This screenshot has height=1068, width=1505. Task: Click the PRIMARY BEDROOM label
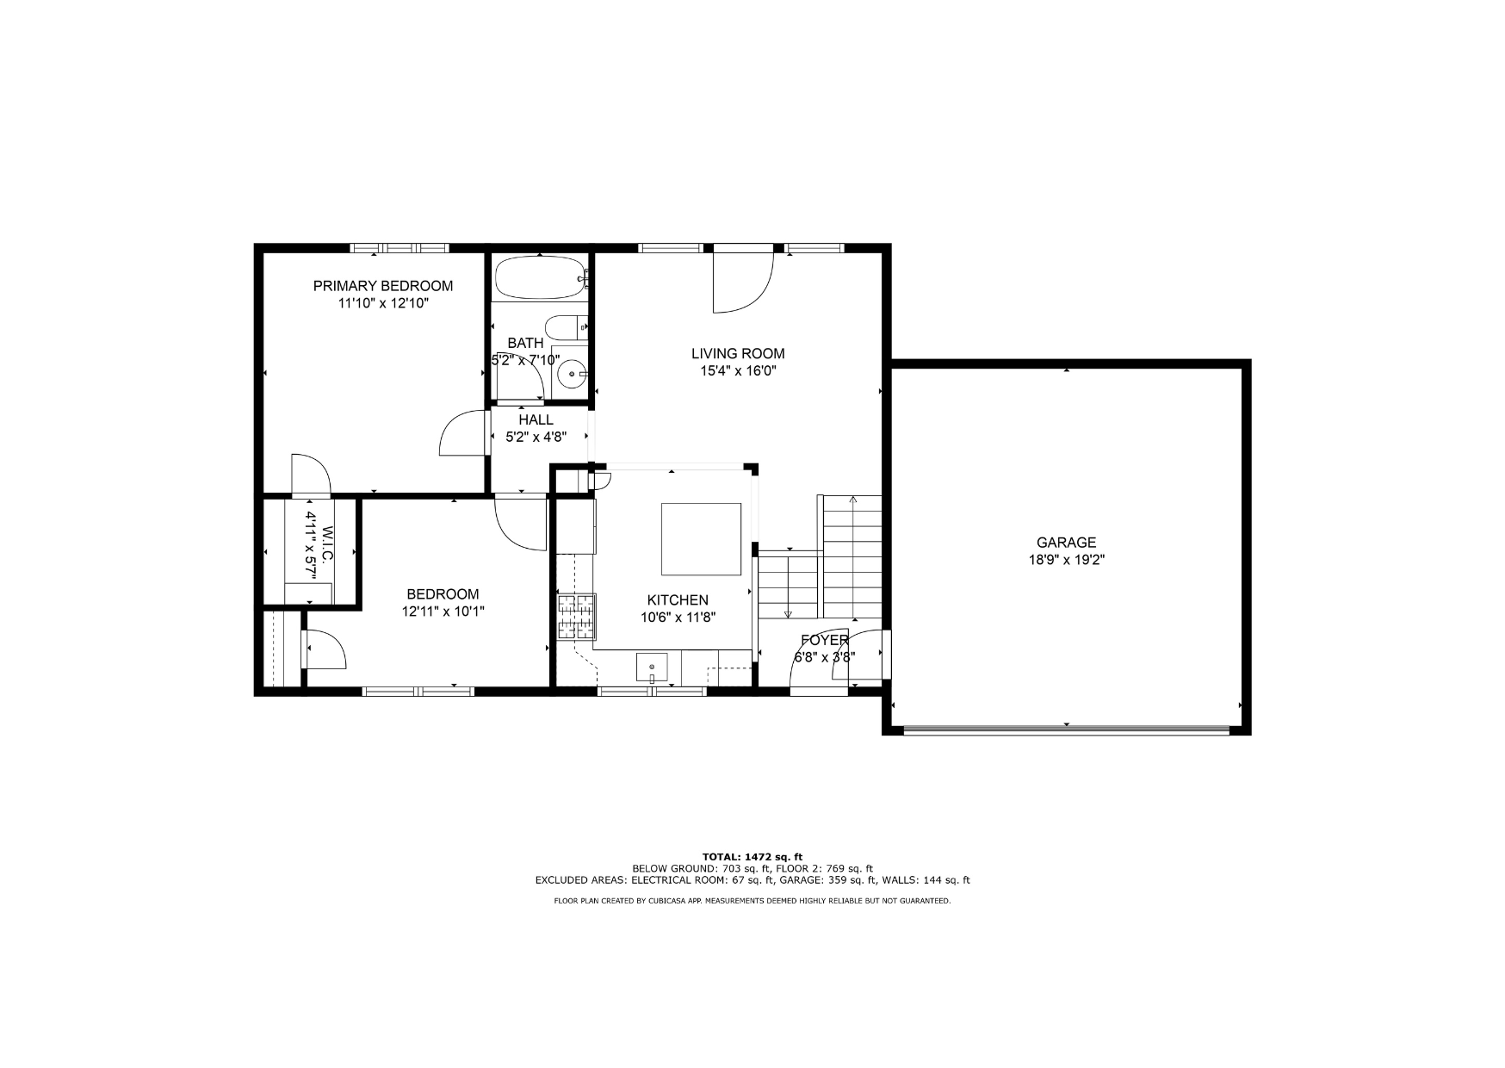383,286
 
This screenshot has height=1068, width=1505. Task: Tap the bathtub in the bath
540,277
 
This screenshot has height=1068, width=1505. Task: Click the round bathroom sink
571,375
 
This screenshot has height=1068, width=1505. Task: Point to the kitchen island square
701,539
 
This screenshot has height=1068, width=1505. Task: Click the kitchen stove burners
576,617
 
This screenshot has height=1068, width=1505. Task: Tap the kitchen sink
652,667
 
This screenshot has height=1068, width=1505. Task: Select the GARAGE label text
1066,543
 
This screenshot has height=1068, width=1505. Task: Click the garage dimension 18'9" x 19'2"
1066,560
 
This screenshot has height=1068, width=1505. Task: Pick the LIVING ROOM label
738,353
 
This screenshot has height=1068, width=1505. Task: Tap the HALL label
536,419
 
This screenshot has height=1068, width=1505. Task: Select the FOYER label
825,640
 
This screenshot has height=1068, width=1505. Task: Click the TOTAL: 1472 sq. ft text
752,857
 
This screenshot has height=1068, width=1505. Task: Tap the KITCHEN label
678,600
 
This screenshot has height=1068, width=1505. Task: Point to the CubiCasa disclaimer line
752,901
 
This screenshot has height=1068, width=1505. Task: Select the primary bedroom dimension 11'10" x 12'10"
383,303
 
